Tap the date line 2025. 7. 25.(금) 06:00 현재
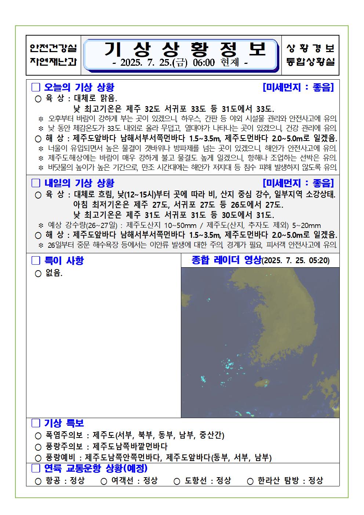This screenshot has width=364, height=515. pyautogui.click(x=180, y=63)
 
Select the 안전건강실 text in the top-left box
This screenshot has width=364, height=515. pyautogui.click(x=53, y=48)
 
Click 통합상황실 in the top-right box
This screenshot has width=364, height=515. pyautogui.click(x=310, y=62)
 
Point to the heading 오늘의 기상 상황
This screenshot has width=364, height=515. pyautogui.click(x=79, y=87)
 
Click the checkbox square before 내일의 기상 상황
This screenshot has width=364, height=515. pyautogui.click(x=36, y=183)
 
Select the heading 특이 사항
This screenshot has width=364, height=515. pyautogui.click(x=64, y=261)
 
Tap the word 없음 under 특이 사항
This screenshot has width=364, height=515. pyautogui.click(x=54, y=273)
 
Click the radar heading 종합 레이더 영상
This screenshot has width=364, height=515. pyautogui.click(x=226, y=260)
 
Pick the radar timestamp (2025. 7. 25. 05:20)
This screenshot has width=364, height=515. pyautogui.click(x=296, y=261)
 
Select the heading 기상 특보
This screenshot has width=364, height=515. pyautogui.click(x=64, y=423)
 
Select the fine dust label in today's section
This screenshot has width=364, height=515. pyautogui.click(x=298, y=87)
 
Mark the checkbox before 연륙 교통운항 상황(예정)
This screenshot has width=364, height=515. pyautogui.click(x=36, y=468)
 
